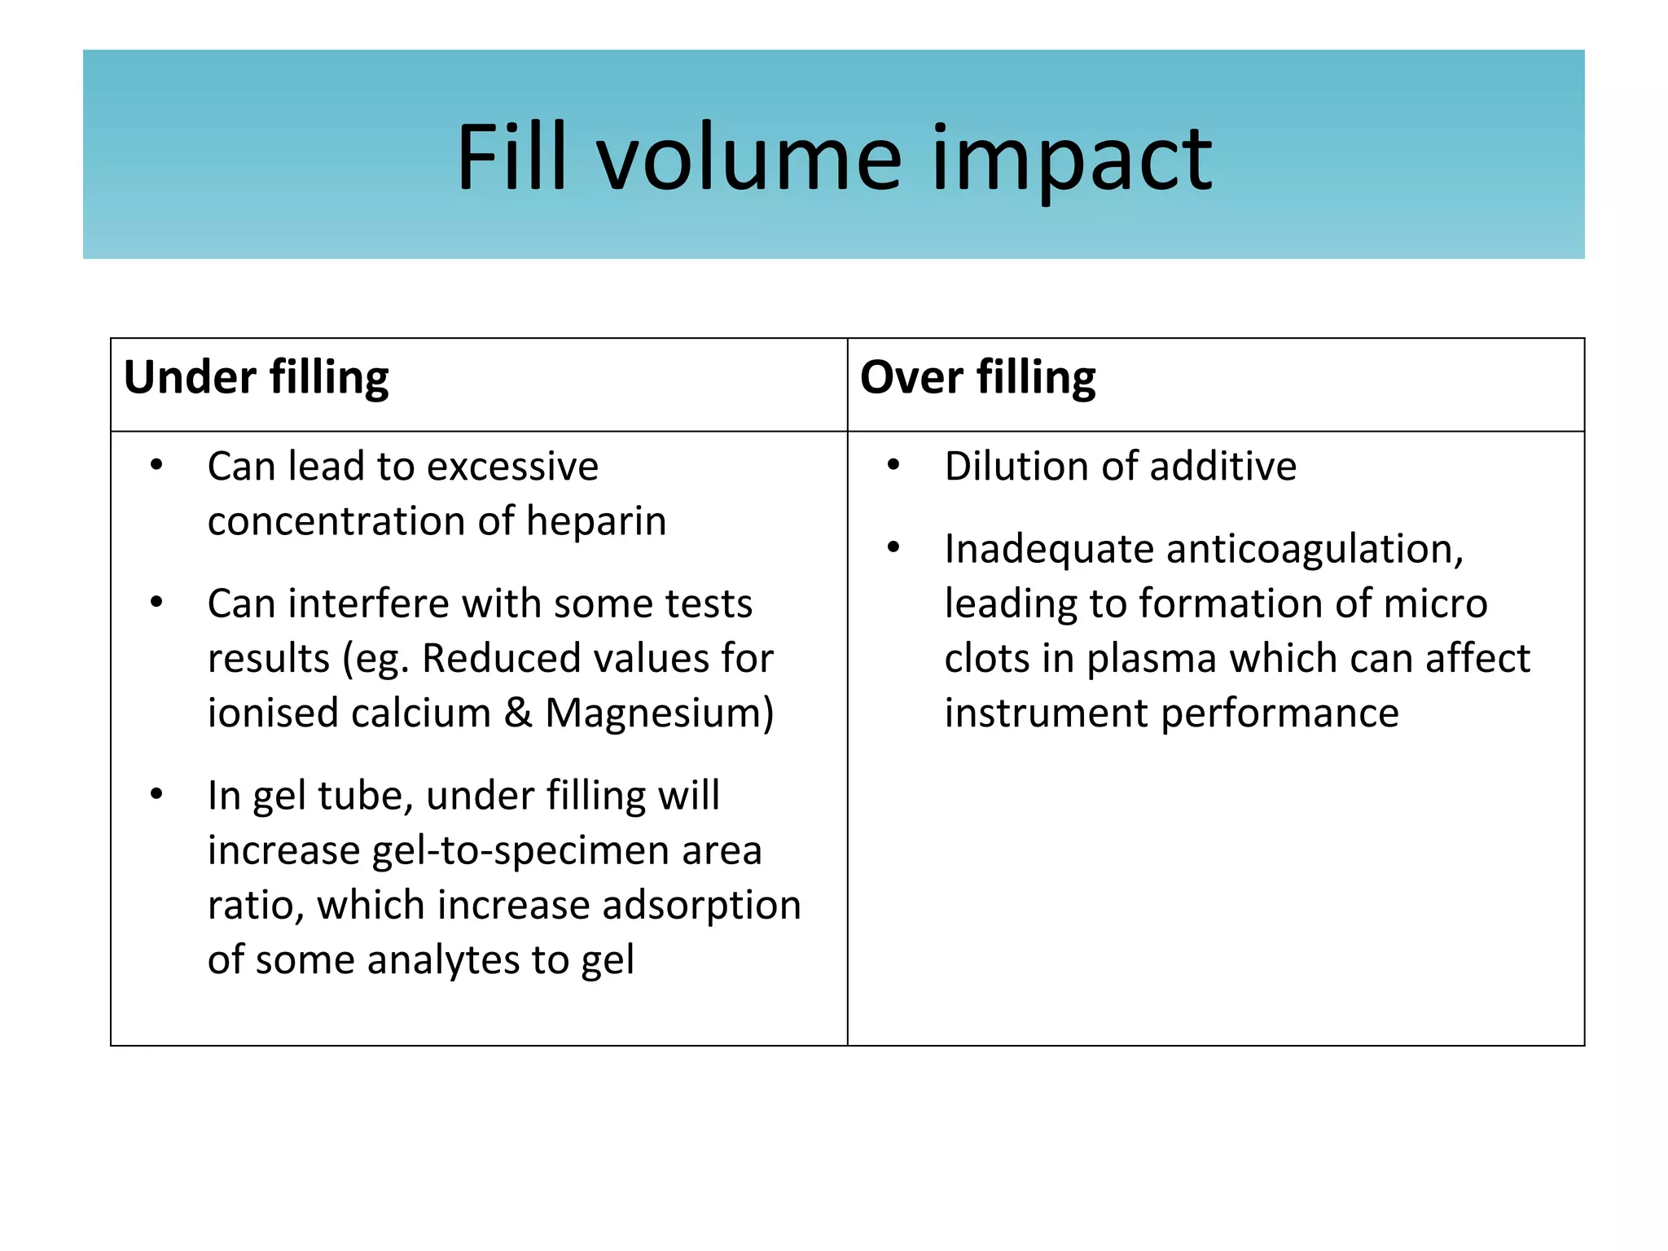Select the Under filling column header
[257, 378]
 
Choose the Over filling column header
[977, 378]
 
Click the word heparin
[596, 521]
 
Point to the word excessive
[513, 467]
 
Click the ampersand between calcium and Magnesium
[518, 713]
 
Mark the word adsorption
[701, 905]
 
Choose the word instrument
[1046, 713]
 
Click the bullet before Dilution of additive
[893, 465]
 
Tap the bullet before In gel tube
[156, 794]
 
